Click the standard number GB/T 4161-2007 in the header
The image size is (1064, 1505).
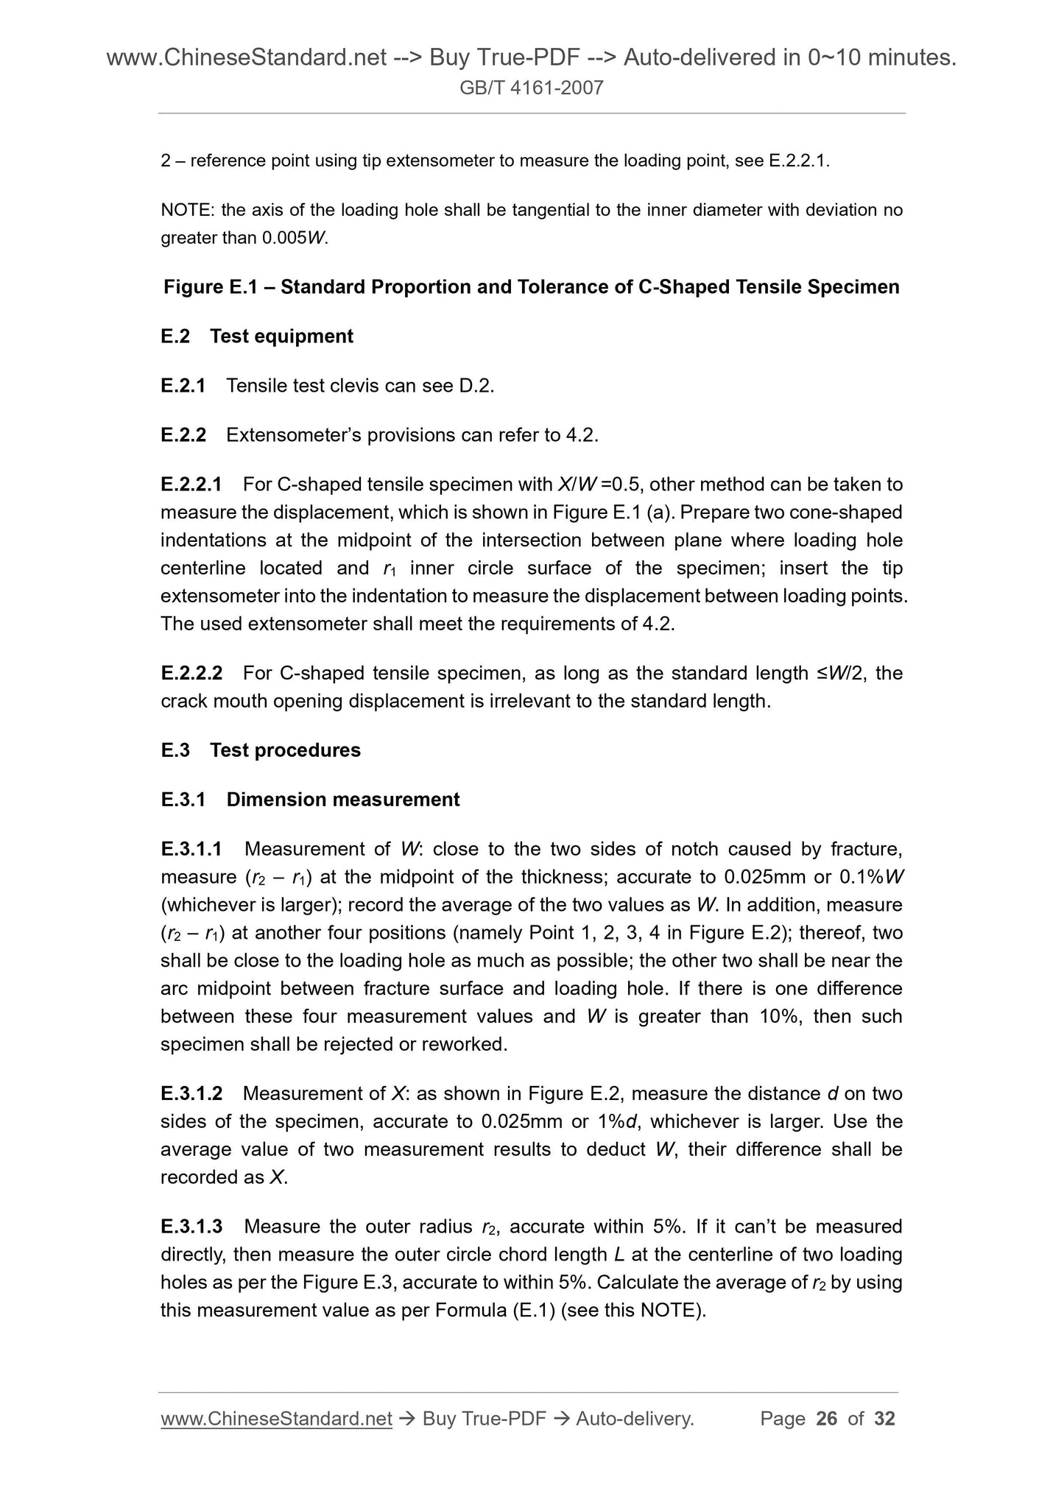(x=531, y=88)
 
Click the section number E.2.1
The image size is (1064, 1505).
(x=183, y=385)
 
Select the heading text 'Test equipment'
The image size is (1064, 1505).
(x=281, y=336)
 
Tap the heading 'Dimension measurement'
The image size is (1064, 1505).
(x=342, y=800)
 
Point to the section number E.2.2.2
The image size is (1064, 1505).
(x=191, y=673)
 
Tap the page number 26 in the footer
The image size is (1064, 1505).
(x=827, y=1418)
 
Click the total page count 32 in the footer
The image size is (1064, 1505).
(x=884, y=1418)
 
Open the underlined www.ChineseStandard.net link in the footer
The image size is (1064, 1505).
(x=276, y=1418)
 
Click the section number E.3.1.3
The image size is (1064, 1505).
(x=191, y=1226)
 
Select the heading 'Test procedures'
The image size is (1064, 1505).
(x=285, y=750)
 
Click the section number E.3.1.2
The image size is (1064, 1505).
(x=191, y=1093)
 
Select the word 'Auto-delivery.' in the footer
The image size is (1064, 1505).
(x=635, y=1418)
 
